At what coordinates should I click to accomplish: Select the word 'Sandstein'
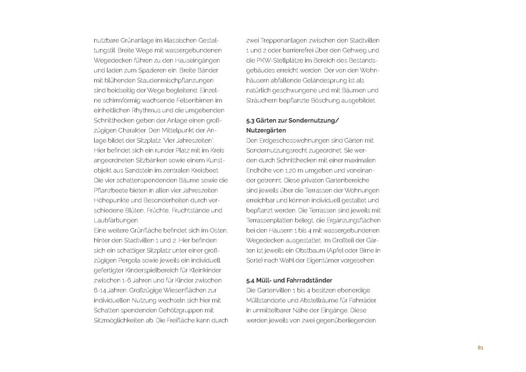[140, 170]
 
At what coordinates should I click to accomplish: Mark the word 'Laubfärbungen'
[113, 221]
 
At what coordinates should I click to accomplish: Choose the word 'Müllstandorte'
[270, 301]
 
